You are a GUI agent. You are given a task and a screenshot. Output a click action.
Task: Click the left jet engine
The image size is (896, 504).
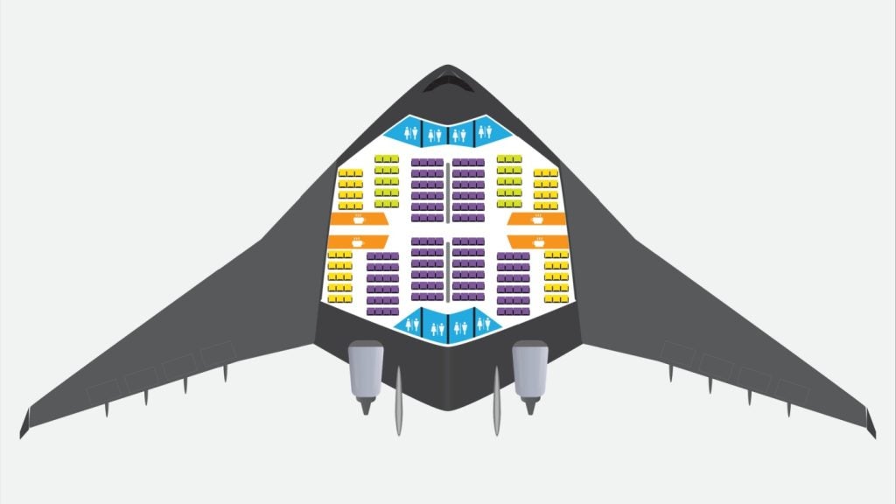pos(365,371)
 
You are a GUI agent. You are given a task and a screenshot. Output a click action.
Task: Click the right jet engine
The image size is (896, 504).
pos(529,371)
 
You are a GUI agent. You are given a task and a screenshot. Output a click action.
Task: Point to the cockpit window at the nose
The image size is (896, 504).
pos(448,83)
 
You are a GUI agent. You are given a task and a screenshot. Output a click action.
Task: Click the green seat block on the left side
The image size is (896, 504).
pos(387,181)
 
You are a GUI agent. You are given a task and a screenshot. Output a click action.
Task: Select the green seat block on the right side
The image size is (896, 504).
pos(509,181)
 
